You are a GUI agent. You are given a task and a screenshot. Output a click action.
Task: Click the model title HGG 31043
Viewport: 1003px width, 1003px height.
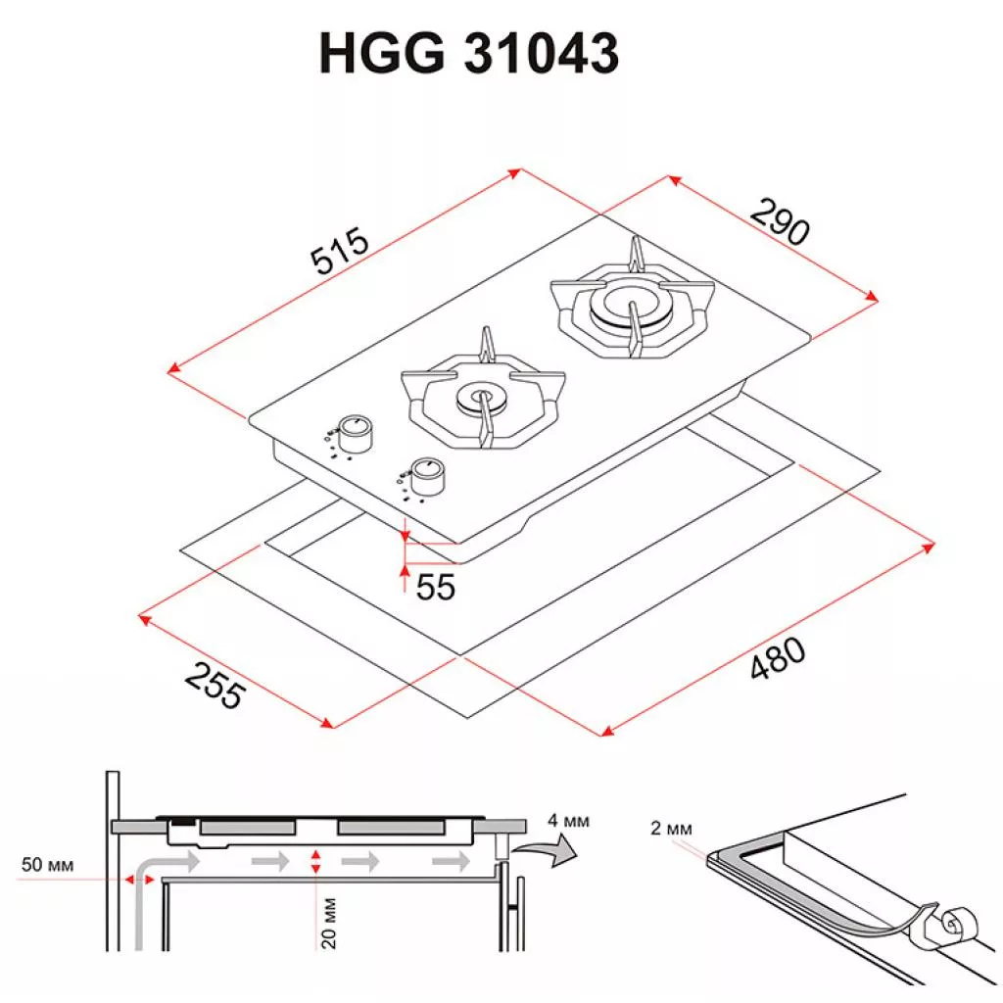point(469,53)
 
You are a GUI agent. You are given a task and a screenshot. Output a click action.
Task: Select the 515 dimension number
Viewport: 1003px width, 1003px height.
point(340,250)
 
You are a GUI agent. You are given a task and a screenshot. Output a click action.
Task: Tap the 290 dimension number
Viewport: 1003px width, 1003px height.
point(780,221)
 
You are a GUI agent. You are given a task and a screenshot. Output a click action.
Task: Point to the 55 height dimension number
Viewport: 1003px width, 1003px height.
point(436,587)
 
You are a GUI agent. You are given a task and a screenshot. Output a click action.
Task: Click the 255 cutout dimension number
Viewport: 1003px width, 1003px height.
point(215,686)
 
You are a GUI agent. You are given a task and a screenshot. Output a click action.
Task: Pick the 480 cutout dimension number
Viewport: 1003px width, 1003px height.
point(777,658)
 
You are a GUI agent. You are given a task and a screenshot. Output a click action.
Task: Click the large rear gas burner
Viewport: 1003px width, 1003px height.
point(632,307)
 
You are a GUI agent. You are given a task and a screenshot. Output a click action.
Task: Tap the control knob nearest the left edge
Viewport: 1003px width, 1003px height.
point(354,434)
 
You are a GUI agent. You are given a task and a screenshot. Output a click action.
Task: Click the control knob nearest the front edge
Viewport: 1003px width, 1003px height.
point(427,475)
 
